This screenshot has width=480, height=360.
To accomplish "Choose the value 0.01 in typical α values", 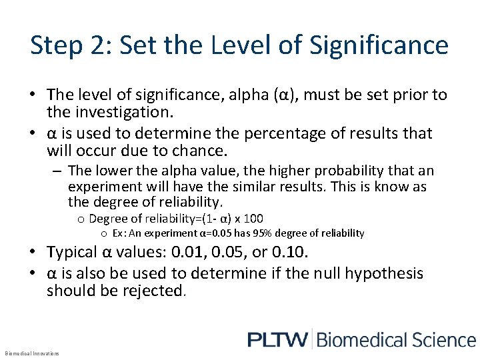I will pyautogui.click(x=191, y=253).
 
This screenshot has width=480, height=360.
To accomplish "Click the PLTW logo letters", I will pyautogui.click(x=277, y=339).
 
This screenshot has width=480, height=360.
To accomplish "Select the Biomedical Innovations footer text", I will pyautogui.click(x=31, y=353).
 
